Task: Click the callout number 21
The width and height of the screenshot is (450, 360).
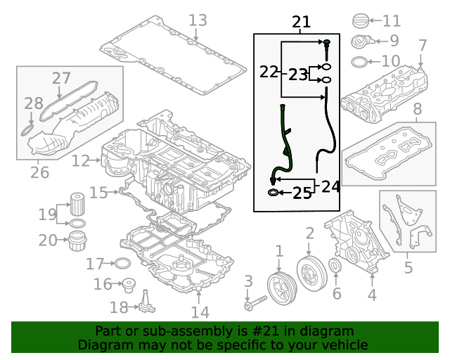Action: [x=301, y=23]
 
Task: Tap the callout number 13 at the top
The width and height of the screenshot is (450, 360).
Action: [x=198, y=20]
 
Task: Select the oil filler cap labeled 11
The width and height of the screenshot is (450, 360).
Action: [x=359, y=21]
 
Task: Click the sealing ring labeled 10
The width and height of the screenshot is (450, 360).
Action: [x=358, y=61]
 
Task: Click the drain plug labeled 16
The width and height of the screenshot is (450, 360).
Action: [x=129, y=285]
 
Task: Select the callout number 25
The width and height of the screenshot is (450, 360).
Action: [x=302, y=193]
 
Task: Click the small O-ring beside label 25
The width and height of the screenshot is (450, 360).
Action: [x=272, y=192]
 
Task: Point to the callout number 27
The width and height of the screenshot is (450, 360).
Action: [x=61, y=78]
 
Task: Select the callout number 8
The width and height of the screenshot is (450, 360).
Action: [x=417, y=109]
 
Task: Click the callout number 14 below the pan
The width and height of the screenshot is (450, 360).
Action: [x=200, y=312]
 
